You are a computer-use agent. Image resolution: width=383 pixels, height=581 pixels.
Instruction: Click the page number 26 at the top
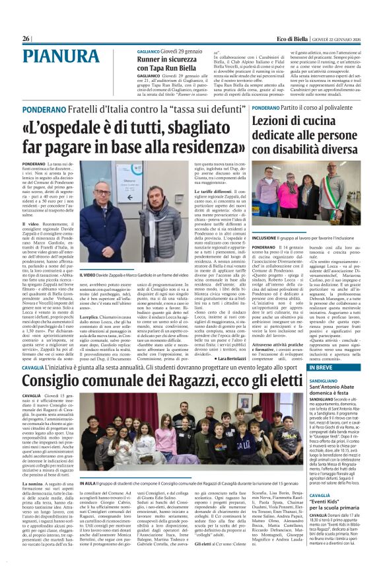(x=26, y=39)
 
